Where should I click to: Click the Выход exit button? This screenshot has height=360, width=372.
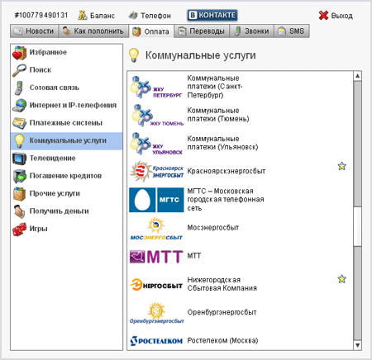336,16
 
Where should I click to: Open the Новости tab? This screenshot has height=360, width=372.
35,31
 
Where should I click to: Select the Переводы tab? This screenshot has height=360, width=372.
202,31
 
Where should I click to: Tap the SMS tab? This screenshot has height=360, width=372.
292,31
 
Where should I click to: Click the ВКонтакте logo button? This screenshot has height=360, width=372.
212,15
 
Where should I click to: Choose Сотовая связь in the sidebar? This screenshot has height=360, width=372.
55,88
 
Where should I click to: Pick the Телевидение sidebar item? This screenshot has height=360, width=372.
52,159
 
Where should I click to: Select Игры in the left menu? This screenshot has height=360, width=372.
38,229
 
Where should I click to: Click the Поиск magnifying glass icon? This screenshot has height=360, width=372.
19,70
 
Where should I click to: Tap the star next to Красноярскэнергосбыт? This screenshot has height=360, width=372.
341,166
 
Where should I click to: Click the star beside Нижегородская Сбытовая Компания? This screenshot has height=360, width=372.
341,279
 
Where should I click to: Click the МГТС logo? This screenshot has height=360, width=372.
156,200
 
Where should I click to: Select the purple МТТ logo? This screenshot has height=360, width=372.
156,257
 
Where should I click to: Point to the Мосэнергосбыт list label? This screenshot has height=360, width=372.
213,228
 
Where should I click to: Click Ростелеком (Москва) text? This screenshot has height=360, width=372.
222,340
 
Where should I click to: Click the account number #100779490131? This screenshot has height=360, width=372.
41,15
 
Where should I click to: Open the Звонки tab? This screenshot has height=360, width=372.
251,31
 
